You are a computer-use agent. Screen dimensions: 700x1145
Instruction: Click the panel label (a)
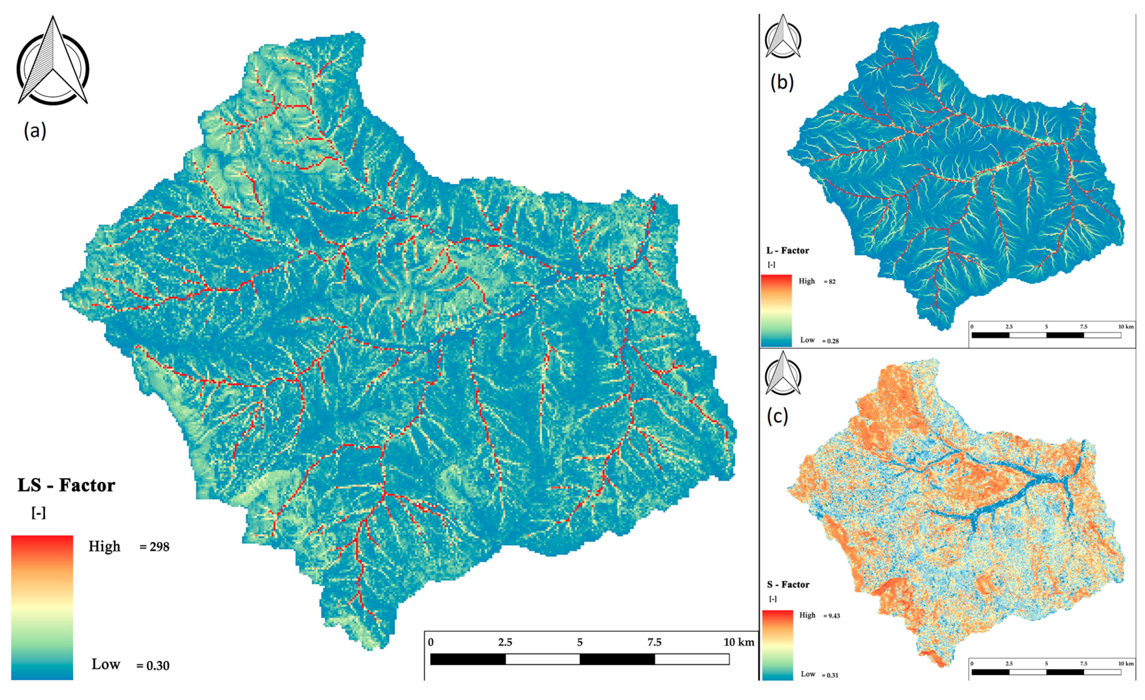pos(35,131)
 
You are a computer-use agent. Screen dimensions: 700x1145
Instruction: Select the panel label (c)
pos(777,416)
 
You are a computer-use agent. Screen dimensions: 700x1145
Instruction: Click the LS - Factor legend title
pos(66,485)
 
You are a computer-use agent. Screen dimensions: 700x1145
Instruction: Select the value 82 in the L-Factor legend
pos(832,281)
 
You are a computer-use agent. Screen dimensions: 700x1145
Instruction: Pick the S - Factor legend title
pos(788,584)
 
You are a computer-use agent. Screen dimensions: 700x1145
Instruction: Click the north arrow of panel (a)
pos(52,61)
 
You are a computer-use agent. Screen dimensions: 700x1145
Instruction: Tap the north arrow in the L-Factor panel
pos(783,37)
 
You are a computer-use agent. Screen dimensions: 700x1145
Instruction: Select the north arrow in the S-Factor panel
pos(783,373)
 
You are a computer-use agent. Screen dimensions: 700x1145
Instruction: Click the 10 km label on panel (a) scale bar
pos(738,642)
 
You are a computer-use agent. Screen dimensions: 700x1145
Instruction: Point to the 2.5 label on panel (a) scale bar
pos(505,642)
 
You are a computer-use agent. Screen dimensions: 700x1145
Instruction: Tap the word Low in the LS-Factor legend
pos(106,664)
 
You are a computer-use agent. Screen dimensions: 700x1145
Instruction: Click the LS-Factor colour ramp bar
pos(42,607)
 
